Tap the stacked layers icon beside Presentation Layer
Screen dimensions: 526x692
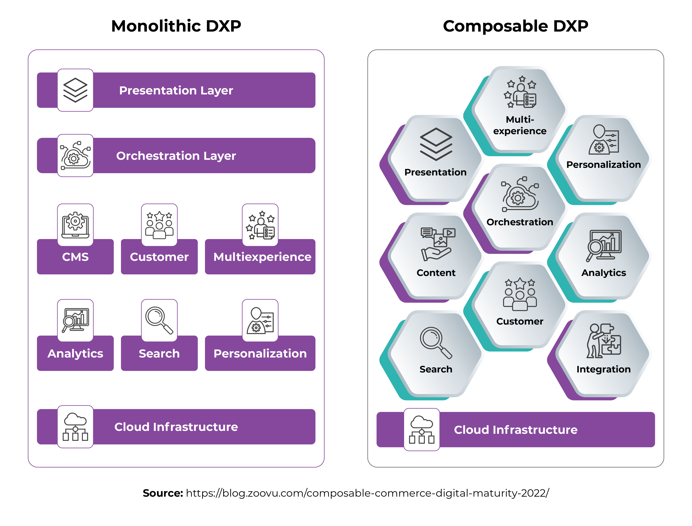tap(75, 90)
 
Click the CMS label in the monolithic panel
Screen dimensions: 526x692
tap(75, 257)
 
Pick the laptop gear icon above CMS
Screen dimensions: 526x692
tap(75, 225)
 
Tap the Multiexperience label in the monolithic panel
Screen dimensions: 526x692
tap(262, 257)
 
